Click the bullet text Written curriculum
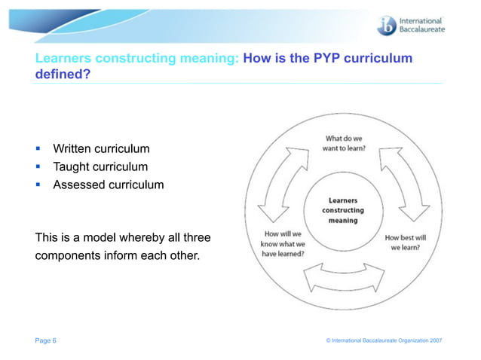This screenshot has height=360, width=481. [101, 149]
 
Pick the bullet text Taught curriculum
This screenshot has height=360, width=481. [100, 166]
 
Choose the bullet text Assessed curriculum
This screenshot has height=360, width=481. [107, 184]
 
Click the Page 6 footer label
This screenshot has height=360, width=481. [45, 341]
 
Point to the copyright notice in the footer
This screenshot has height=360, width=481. [384, 341]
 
